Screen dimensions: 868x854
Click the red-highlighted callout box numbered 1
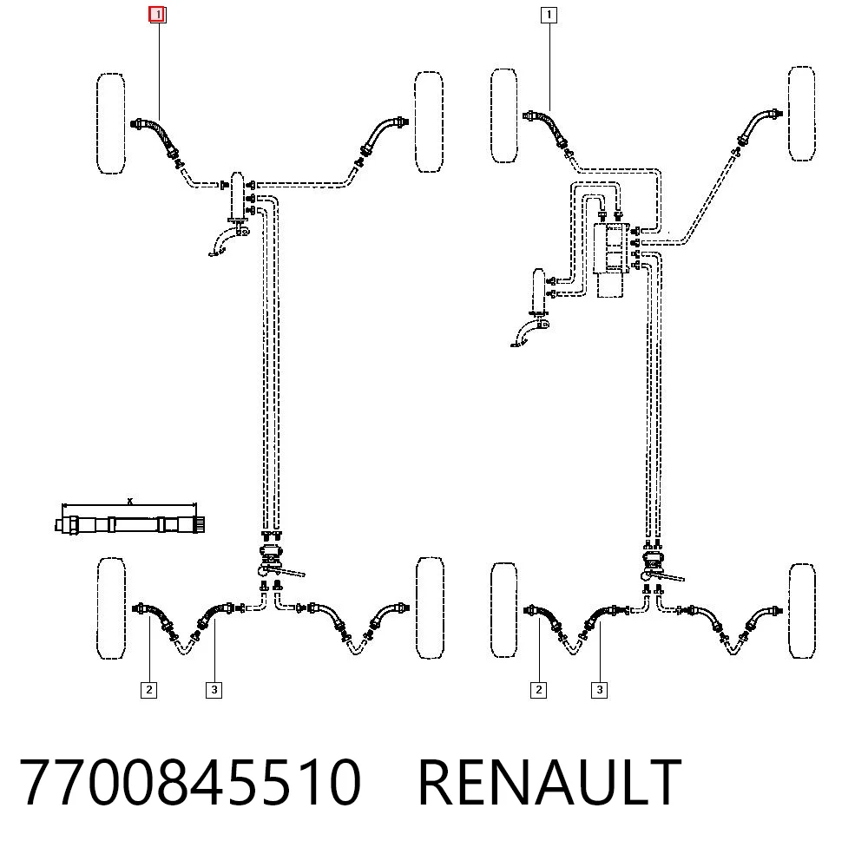(x=158, y=14)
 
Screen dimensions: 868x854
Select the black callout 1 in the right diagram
(x=549, y=15)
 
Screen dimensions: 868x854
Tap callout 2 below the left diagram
(x=148, y=690)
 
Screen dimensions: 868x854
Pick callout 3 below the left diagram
(x=214, y=690)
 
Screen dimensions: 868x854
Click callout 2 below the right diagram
(x=539, y=690)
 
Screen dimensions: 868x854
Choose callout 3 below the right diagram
(x=600, y=690)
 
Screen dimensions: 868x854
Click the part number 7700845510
(x=190, y=782)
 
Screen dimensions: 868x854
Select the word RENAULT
(x=549, y=782)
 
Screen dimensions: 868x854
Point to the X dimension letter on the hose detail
(x=130, y=502)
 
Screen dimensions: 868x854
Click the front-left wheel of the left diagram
(x=111, y=123)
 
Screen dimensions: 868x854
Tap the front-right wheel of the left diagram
(x=429, y=122)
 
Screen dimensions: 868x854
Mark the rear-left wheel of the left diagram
(x=111, y=608)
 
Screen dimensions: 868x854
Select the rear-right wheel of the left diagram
(x=430, y=608)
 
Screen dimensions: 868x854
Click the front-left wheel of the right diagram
(x=503, y=115)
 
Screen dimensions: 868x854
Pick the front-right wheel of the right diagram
(x=801, y=114)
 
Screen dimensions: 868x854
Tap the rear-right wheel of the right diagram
(x=802, y=611)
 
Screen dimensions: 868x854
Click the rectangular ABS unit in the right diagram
(x=610, y=249)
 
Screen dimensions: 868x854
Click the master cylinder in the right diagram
(x=539, y=291)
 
